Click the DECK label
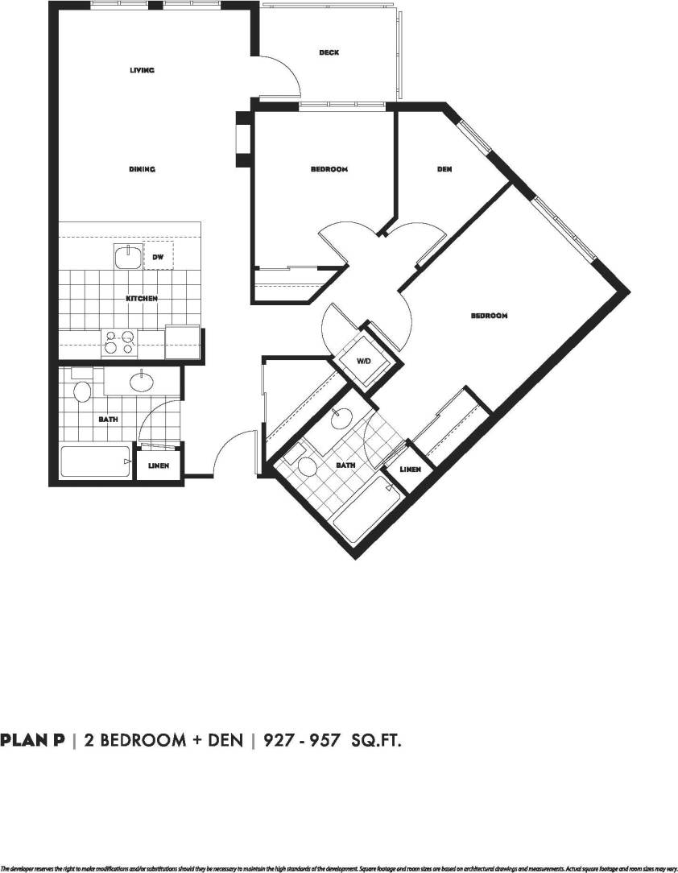tap(329, 53)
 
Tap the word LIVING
tap(142, 70)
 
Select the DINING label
tap(142, 169)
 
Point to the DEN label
tap(444, 169)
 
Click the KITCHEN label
tap(142, 299)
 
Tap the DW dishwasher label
tap(158, 258)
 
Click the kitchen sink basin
tap(126, 258)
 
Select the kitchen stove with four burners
tap(120, 343)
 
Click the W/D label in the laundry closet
tap(363, 360)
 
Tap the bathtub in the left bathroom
tap(95, 462)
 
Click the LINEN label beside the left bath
tap(159, 465)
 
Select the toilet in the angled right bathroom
tap(307, 465)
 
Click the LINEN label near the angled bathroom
tap(410, 469)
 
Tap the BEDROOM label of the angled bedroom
tap(489, 316)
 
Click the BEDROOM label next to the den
tap(329, 169)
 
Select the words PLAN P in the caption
tap(32, 739)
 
